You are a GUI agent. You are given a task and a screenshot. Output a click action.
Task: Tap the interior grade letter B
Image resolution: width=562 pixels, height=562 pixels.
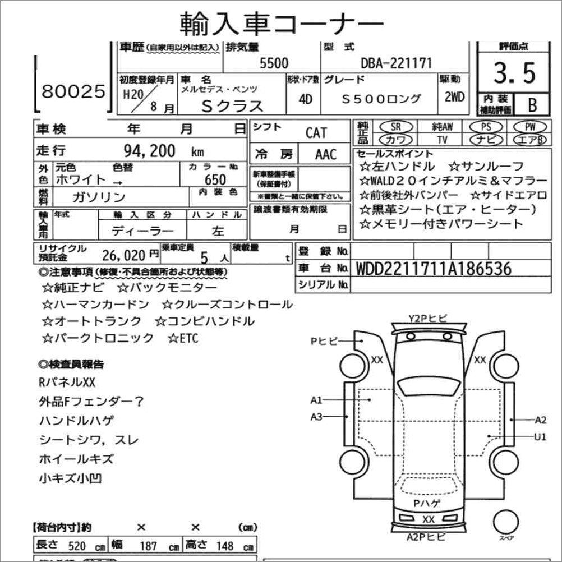[x=531, y=104]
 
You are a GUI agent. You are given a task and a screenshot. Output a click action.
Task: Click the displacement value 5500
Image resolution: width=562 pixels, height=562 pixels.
[x=274, y=64]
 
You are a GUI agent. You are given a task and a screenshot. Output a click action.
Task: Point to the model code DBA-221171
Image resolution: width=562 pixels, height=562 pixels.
[x=396, y=63]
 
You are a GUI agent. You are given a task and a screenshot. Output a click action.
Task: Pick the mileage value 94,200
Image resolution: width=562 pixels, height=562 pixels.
[x=149, y=151]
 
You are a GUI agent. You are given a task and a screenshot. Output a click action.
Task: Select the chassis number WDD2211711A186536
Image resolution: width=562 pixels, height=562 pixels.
[x=434, y=269]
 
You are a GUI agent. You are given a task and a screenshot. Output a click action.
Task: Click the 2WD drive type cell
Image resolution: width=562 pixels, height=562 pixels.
[x=454, y=96]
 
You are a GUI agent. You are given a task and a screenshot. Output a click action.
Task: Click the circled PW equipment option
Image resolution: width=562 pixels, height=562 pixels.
[x=529, y=127]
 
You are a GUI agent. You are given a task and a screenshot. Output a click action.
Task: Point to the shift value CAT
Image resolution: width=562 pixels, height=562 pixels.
[x=316, y=133]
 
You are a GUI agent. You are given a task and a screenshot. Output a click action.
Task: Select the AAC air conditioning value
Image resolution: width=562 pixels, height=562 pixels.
[x=325, y=154]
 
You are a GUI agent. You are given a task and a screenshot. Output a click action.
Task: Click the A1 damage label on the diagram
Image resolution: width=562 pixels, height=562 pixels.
[x=316, y=400]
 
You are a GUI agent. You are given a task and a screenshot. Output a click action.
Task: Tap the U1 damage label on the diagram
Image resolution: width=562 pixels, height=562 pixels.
[x=540, y=437]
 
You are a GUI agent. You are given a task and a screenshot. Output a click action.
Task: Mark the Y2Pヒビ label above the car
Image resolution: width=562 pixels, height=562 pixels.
[x=428, y=319]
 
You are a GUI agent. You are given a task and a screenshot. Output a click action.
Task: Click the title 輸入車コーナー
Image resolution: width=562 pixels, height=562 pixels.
[x=282, y=23]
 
